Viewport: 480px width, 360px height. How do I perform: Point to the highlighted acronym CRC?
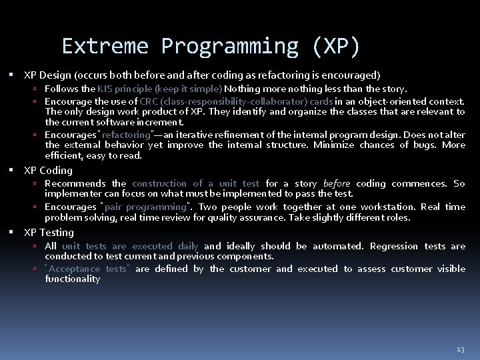click(x=149, y=101)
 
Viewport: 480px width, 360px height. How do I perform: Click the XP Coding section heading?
click(x=49, y=170)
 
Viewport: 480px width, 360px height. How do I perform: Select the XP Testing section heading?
click(x=49, y=232)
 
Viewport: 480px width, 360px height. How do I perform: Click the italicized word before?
click(x=337, y=183)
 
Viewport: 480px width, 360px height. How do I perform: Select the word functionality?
click(x=73, y=279)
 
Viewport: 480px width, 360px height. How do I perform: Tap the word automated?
click(x=338, y=246)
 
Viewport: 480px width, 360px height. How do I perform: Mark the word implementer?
click(x=71, y=194)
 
